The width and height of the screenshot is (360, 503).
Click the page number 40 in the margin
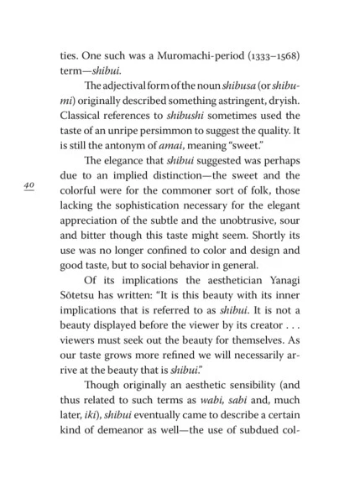[x=29, y=186]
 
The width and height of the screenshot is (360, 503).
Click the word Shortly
[x=257, y=261]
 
